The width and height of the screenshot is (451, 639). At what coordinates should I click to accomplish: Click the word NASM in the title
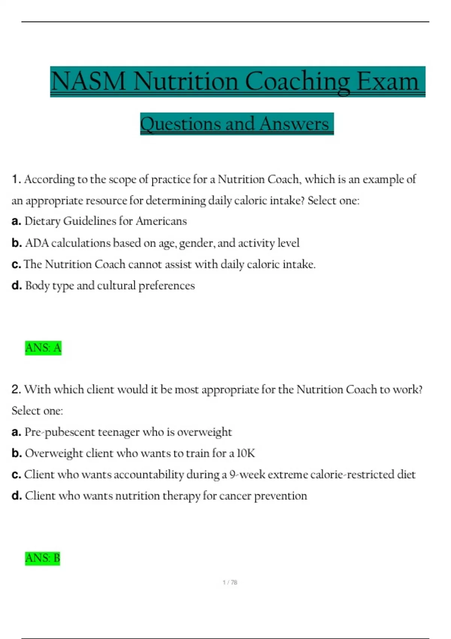[x=88, y=81]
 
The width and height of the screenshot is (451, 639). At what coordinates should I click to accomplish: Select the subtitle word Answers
[x=294, y=124]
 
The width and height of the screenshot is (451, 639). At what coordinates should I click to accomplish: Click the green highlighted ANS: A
[x=43, y=348]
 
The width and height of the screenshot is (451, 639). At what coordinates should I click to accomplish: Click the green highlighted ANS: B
[x=42, y=558]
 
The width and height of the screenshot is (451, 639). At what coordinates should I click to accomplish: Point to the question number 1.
[x=16, y=179]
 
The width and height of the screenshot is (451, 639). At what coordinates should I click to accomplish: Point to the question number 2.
[x=16, y=389]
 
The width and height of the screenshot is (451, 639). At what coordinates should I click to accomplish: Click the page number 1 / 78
[x=230, y=582]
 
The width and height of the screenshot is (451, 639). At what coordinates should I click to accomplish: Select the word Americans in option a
[x=161, y=221]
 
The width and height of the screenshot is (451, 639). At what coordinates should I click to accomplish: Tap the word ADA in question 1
[x=37, y=243]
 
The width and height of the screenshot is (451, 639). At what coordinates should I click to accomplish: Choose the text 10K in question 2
[x=246, y=453]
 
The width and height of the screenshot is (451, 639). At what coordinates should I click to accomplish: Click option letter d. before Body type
[x=17, y=286]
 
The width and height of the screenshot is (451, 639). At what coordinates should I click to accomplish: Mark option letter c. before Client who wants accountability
[x=16, y=475]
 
